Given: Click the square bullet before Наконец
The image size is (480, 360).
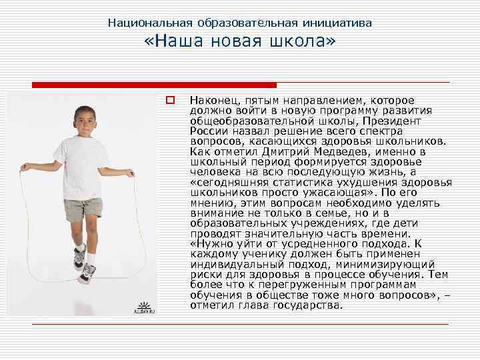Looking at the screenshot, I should pyautogui.click(x=170, y=101).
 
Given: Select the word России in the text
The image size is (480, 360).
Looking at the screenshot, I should pyautogui.click(x=207, y=131).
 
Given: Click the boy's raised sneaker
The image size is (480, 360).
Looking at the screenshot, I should pyautogui.click(x=87, y=273).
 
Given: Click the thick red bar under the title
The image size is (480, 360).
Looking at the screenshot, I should pyautogui.click(x=154, y=85).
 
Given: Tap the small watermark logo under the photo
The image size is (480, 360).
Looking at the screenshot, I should pyautogui.click(x=142, y=307).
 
